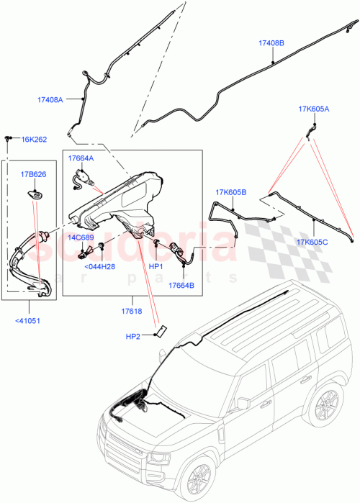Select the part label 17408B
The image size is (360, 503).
point(271,43)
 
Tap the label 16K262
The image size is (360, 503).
point(34,140)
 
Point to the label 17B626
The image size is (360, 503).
point(33,173)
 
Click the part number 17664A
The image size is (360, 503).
point(81,157)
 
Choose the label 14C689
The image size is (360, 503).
point(81,236)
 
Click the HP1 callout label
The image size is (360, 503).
point(156,266)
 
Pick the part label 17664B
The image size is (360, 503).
point(181,286)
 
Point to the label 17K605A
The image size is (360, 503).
point(313,109)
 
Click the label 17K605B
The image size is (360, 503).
point(230,192)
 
